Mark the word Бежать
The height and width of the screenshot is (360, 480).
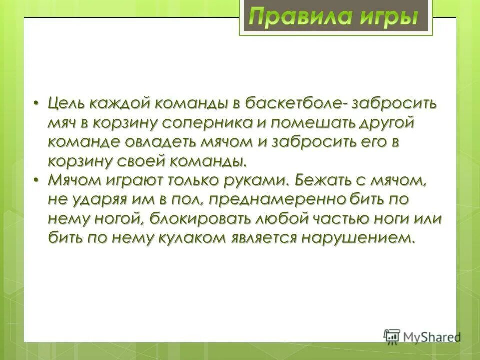(326, 180)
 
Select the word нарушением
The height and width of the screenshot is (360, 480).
(358, 238)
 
